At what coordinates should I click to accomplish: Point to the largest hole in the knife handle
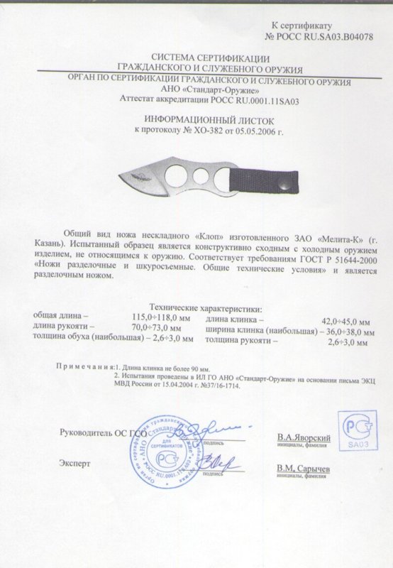tap(174, 174)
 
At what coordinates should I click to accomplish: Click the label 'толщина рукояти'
tap(240, 342)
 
